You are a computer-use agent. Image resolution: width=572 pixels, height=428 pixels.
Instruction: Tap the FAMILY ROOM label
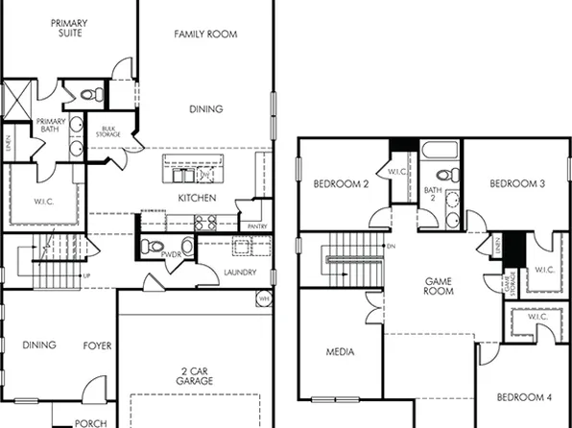(x=205, y=35)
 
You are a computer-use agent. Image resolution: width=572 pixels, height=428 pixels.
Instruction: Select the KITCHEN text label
(x=196, y=199)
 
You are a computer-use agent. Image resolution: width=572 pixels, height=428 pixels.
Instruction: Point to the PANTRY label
(x=257, y=226)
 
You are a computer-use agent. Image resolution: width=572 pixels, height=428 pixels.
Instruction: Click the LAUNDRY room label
(x=240, y=272)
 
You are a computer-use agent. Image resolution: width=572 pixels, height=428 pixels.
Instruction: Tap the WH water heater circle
(x=263, y=299)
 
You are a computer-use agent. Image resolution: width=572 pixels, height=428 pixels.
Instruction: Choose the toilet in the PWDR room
(x=149, y=247)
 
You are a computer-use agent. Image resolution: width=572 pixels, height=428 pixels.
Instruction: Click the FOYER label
(x=97, y=345)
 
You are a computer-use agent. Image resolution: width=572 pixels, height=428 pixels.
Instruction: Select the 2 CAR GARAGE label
(x=194, y=376)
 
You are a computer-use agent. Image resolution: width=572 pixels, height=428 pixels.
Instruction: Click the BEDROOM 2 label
(x=341, y=183)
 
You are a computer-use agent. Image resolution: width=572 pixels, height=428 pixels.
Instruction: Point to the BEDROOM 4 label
(x=523, y=396)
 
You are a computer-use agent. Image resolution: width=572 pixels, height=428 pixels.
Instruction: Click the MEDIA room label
(x=340, y=352)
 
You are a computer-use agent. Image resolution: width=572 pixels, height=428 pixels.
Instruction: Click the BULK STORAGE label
(x=108, y=132)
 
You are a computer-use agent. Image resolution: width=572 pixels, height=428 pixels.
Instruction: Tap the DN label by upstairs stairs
(x=391, y=247)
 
